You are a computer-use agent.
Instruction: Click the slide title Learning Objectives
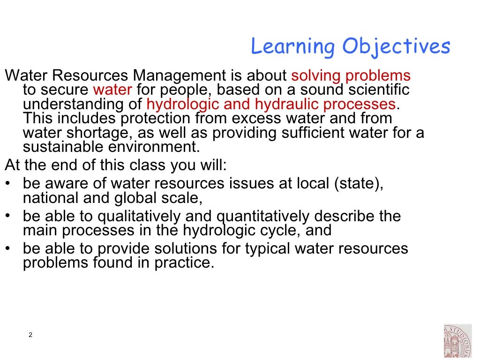tap(350, 47)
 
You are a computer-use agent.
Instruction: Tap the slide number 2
tap(30, 335)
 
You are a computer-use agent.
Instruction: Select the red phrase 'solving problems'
tap(351, 75)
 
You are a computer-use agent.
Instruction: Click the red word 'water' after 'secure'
tap(112, 90)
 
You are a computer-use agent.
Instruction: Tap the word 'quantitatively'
tap(262, 217)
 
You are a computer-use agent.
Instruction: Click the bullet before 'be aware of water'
tap(7, 183)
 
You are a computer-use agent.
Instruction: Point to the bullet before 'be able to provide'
tap(7, 248)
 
